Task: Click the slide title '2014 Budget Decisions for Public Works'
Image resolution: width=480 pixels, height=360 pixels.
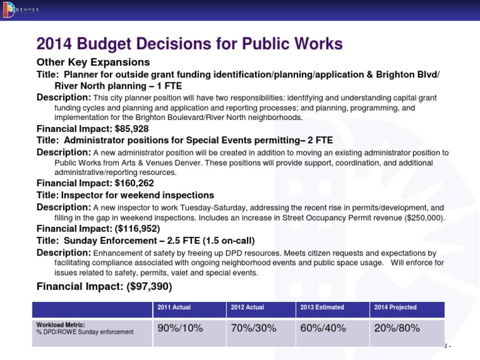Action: pos(190,44)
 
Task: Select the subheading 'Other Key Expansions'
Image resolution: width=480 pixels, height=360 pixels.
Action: pos(93,62)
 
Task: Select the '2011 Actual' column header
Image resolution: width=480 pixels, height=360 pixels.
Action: pos(174,307)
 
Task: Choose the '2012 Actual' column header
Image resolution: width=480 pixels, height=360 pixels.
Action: pos(247,307)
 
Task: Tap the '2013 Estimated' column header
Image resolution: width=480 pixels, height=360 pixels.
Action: pos(322,307)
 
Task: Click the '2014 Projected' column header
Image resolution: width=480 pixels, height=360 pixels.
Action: pos(396,307)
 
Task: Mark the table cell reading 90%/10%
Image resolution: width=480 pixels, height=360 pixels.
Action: pos(180,329)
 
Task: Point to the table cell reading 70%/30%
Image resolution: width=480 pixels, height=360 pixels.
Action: pos(253,329)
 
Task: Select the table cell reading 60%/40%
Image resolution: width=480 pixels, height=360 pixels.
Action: pos(323,329)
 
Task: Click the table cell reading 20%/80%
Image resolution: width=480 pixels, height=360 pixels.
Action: pos(396,329)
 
